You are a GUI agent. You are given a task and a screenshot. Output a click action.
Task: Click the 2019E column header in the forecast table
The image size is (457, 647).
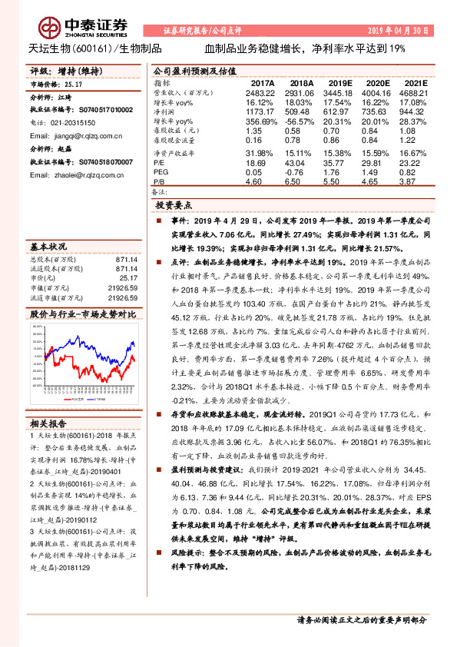pyautogui.click(x=338, y=82)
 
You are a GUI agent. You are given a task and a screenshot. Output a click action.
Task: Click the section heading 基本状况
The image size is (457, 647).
pyautogui.click(x=48, y=248)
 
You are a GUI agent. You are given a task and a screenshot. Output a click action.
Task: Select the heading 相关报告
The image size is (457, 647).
pyautogui.click(x=48, y=423)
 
